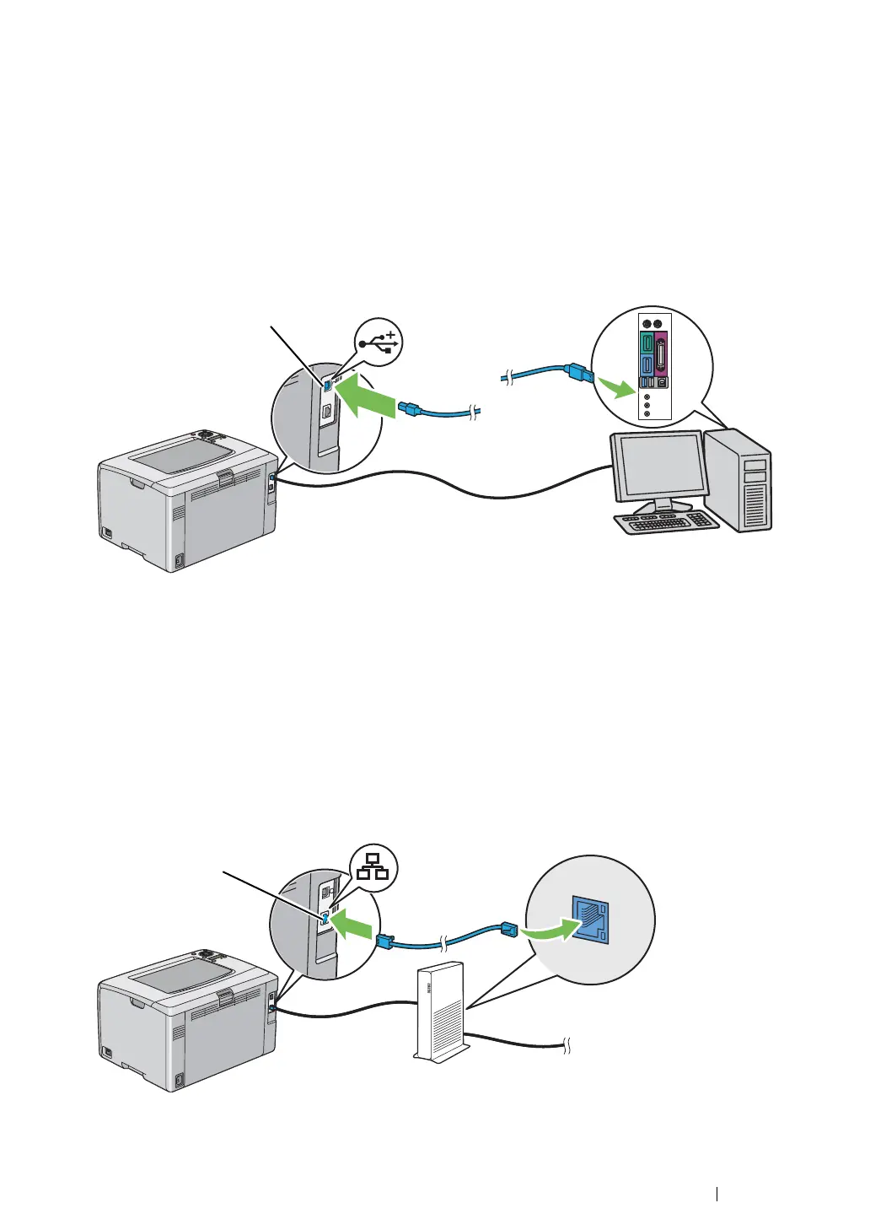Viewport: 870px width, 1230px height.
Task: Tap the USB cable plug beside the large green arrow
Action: click(411, 409)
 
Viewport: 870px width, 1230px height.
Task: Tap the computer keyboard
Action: click(666, 522)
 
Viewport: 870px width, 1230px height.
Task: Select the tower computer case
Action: click(738, 479)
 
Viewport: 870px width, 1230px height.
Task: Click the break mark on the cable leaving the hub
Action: click(568, 1047)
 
